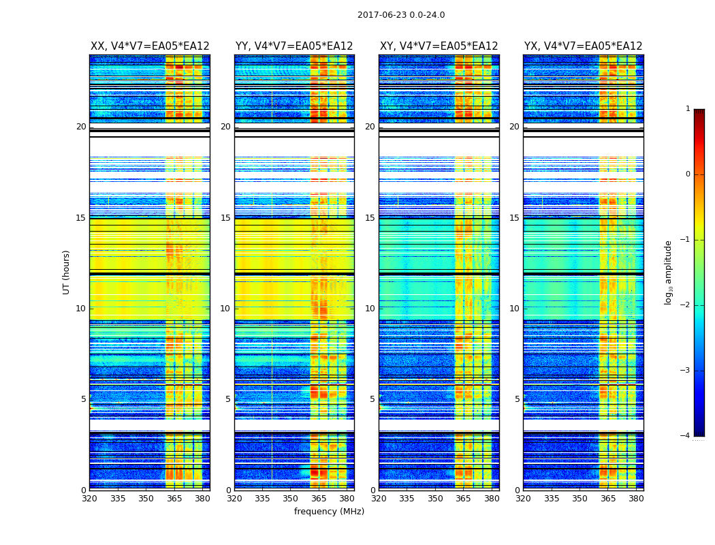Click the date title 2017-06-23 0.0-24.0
pos(401,15)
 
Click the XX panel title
pos(150,46)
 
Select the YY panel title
pos(294,46)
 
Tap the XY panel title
pos(439,46)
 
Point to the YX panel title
pos(583,46)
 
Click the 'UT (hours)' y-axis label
pos(67,272)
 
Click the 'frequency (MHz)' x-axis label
pos(329,512)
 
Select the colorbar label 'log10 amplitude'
pos(669,272)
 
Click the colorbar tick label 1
pos(688,109)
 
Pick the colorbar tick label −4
pos(686,436)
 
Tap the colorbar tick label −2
pos(686,305)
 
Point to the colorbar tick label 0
pos(688,174)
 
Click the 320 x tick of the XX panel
pos(90,499)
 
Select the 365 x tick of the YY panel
pos(319,499)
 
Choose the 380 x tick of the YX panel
pos(636,499)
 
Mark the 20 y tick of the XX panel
pos(81,127)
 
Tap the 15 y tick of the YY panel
pos(225,218)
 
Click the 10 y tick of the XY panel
pos(370,309)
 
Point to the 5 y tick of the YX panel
pos(517,399)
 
